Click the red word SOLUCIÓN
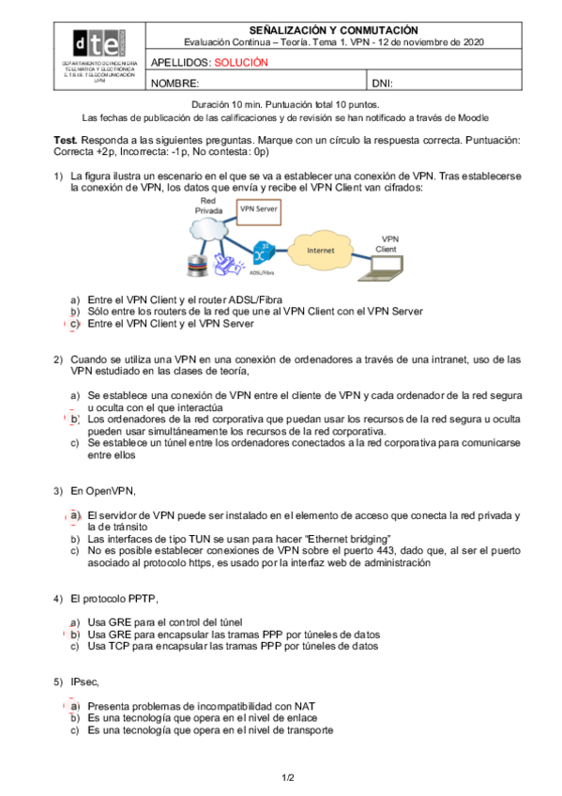click(241, 63)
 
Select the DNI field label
click(383, 84)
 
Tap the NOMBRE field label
click(175, 84)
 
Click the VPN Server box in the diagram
click(259, 212)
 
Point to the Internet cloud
click(320, 250)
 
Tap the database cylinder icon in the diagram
click(197, 265)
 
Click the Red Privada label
click(208, 206)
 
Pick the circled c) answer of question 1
click(74, 324)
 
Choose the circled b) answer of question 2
click(74, 420)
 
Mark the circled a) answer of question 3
click(74, 515)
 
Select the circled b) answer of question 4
click(74, 635)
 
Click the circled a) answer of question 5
click(74, 706)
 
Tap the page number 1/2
click(288, 778)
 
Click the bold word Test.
click(66, 140)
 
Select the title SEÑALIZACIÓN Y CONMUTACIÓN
click(334, 30)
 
